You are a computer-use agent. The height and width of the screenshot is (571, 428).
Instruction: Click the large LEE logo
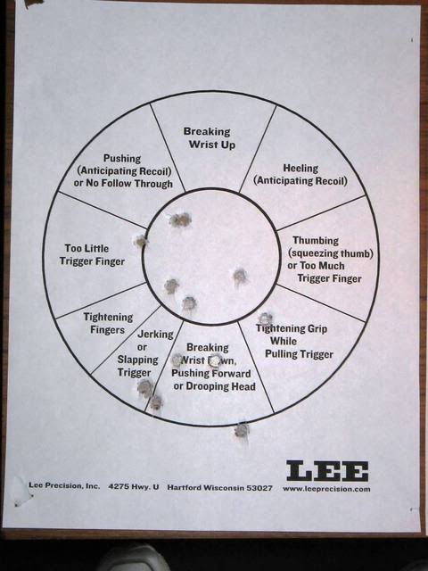[327, 470]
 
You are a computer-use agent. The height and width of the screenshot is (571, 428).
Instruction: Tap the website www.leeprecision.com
[326, 489]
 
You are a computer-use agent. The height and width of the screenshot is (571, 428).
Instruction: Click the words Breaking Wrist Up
[210, 138]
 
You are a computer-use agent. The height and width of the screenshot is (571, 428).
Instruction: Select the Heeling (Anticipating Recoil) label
[300, 175]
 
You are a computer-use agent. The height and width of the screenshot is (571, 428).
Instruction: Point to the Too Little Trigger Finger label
[92, 255]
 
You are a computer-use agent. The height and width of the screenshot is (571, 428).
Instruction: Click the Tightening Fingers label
[108, 323]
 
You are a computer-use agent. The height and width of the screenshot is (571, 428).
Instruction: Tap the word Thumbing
[316, 241]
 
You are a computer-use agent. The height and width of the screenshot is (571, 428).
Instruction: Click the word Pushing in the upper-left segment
[122, 159]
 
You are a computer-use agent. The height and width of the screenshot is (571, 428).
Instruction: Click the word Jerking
[155, 335]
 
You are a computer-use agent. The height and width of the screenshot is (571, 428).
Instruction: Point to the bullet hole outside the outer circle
[242, 431]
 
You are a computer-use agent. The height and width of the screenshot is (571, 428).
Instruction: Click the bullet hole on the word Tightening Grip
[266, 319]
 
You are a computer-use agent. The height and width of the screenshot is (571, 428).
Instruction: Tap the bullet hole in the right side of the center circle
[240, 276]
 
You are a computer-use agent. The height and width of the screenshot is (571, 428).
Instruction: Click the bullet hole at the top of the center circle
[180, 219]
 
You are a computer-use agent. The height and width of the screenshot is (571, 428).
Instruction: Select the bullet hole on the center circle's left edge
[141, 241]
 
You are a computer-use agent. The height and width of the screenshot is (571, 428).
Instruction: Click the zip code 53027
[259, 488]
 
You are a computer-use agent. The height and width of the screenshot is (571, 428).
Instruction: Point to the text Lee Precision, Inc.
[64, 485]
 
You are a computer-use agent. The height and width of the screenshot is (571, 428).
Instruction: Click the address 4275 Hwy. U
[133, 486]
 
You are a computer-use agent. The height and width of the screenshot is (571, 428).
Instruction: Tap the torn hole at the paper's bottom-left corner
[19, 491]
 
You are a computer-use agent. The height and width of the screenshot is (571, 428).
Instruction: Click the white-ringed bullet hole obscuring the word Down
[215, 360]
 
